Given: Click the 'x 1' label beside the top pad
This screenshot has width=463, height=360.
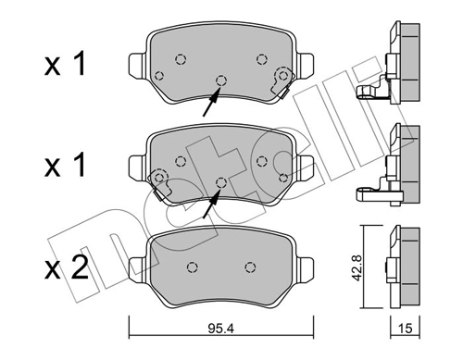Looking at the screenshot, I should point(68,66).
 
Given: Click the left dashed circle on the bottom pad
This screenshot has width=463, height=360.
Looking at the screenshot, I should point(193,267).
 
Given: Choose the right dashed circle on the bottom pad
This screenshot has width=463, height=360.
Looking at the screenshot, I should point(249,267).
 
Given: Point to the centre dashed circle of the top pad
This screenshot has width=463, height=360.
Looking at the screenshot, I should point(219,80).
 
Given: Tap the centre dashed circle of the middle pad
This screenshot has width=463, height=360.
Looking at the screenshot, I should point(220,180).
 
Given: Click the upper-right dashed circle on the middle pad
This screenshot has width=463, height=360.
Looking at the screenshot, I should point(260,160).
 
